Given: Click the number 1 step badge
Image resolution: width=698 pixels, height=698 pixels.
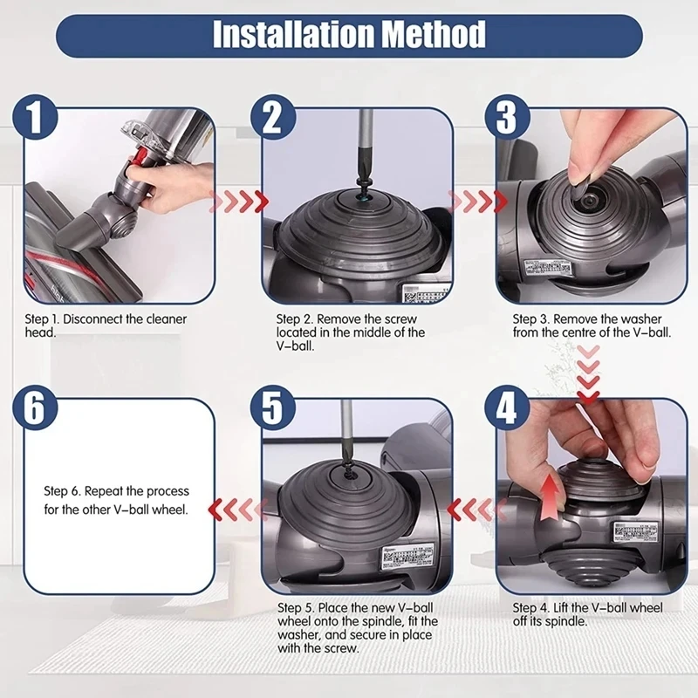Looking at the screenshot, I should click(x=36, y=118).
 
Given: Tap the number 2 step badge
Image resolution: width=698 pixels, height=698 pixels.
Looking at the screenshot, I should click(x=273, y=118).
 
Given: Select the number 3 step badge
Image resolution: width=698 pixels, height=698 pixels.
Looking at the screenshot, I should click(x=507, y=118).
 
